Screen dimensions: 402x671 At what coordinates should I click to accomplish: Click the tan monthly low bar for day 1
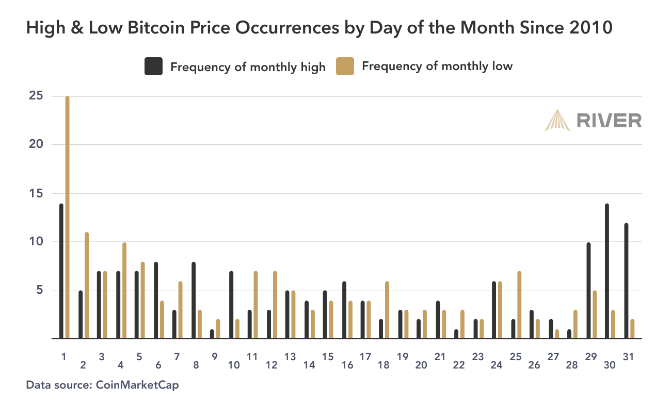[x=67, y=216]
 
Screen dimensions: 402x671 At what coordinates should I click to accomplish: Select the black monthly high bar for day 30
[x=607, y=271]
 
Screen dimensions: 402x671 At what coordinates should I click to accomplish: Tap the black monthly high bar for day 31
[x=626, y=281]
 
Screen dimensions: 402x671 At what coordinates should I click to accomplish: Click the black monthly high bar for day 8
[x=194, y=300]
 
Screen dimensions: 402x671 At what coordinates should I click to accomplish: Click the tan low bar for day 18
[x=387, y=310]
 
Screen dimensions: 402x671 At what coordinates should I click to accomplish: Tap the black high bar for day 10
[x=231, y=305]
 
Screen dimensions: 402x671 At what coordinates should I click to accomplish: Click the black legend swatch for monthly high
[x=153, y=66]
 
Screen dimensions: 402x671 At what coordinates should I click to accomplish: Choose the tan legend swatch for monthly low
[x=345, y=66]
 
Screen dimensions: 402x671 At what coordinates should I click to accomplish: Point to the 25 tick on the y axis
[x=36, y=96]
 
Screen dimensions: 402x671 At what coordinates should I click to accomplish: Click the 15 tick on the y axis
[x=36, y=194]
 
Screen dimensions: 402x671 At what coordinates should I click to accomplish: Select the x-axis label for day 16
[x=347, y=365]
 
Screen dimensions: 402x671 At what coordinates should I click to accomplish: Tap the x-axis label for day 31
[x=629, y=356]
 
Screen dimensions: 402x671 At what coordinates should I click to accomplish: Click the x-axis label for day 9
[x=215, y=356]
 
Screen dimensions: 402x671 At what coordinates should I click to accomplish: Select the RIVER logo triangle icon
[x=557, y=120]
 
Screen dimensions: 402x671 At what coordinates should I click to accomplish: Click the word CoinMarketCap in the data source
[x=140, y=384]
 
